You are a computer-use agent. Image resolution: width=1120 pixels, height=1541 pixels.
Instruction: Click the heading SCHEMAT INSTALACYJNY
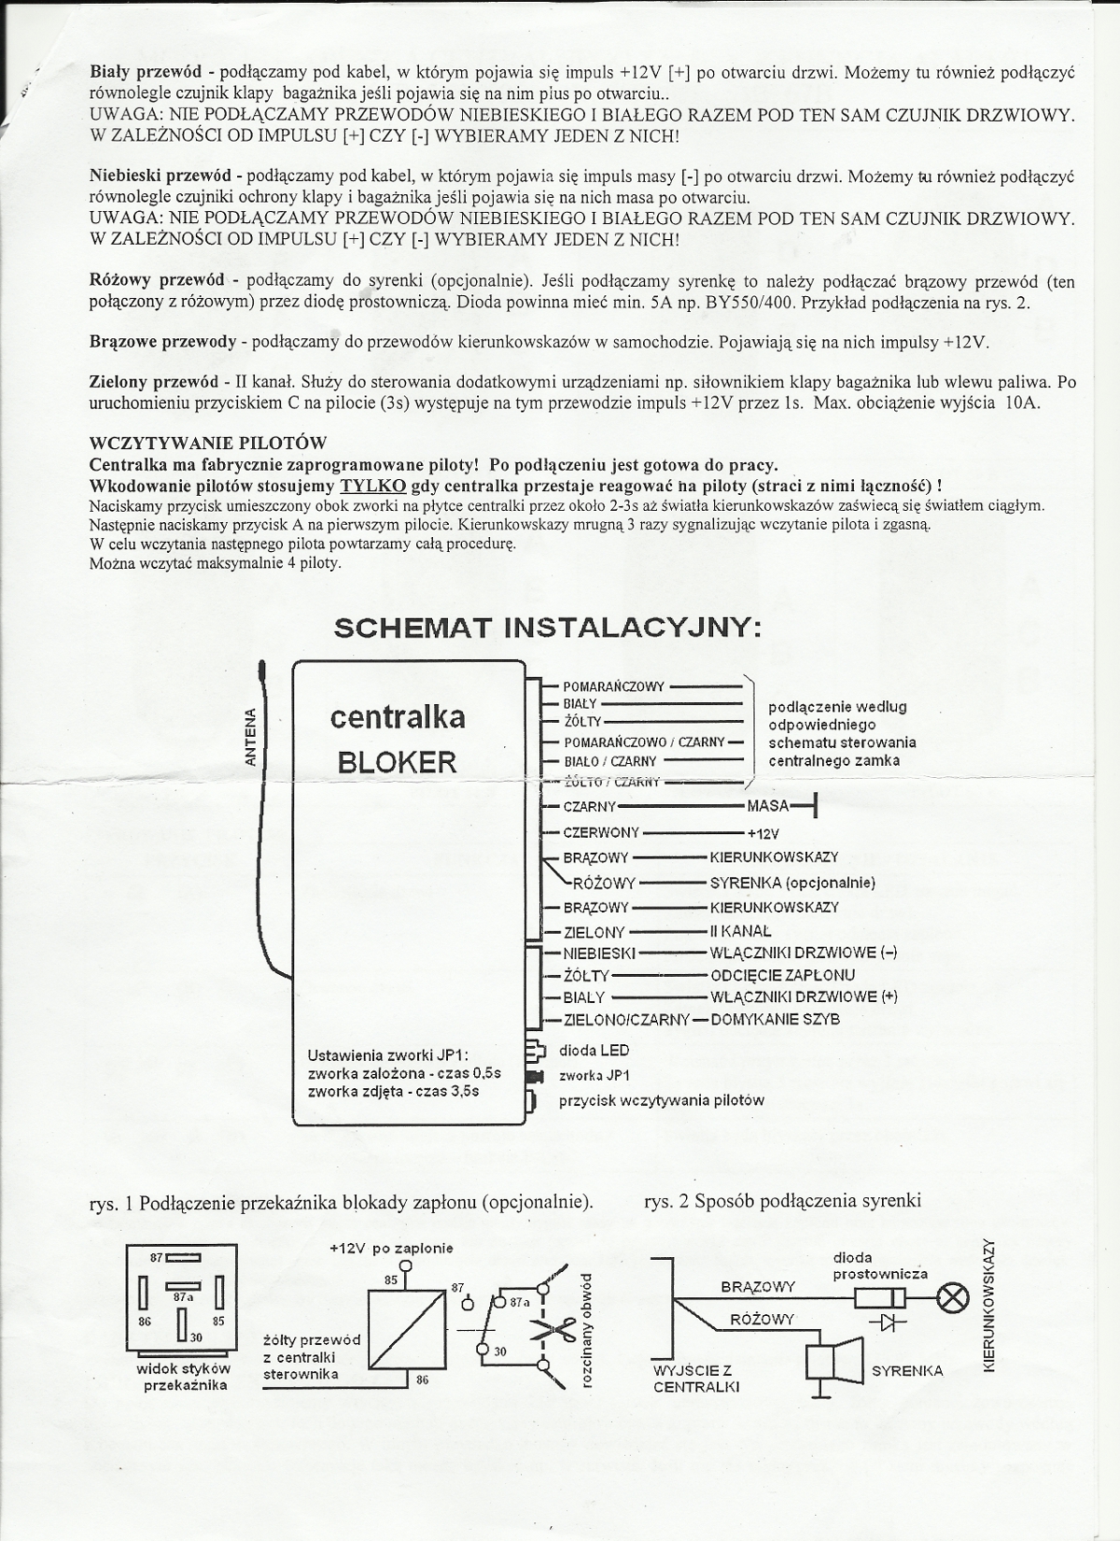pyautogui.click(x=548, y=628)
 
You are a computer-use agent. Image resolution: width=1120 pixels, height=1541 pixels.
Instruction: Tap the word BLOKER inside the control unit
pyautogui.click(x=397, y=762)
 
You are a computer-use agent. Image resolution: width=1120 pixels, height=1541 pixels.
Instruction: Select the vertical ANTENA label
pyautogui.click(x=250, y=738)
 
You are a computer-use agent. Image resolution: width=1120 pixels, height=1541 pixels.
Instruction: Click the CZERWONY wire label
pyautogui.click(x=601, y=832)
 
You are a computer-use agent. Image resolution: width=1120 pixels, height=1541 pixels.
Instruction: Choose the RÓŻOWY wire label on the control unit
pyautogui.click(x=604, y=883)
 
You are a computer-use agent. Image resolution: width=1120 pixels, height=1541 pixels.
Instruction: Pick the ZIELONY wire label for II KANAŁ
pyautogui.click(x=595, y=931)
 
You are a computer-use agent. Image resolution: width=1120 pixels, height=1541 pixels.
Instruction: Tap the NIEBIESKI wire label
pyautogui.click(x=599, y=954)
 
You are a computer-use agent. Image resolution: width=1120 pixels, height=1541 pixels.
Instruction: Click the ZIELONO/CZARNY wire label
pyautogui.click(x=626, y=1019)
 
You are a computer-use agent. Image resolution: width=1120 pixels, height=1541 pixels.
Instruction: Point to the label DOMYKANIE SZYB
pyautogui.click(x=775, y=1019)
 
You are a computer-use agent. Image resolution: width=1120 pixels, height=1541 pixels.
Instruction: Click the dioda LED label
pyautogui.click(x=594, y=1050)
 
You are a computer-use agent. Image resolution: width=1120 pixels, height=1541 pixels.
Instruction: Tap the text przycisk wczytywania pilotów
pyautogui.click(x=661, y=1100)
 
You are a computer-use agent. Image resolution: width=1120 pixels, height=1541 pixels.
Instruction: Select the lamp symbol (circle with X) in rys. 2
pyautogui.click(x=954, y=1299)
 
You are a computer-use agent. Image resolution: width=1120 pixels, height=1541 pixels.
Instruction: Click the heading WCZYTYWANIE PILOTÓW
pyautogui.click(x=207, y=443)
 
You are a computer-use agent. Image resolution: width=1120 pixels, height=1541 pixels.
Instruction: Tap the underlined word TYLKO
pyautogui.click(x=372, y=486)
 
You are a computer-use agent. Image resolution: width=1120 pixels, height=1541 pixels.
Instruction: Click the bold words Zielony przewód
pyautogui.click(x=153, y=382)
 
